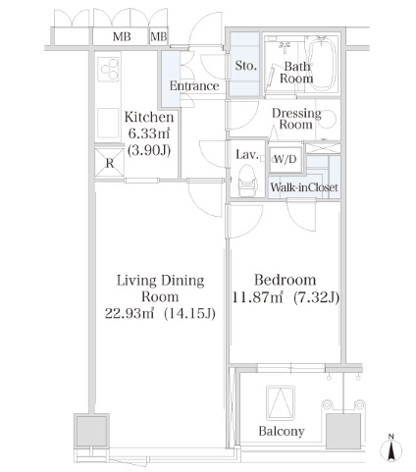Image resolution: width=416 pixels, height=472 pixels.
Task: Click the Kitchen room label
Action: (149, 117)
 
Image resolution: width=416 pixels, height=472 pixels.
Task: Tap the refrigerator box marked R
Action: (110, 163)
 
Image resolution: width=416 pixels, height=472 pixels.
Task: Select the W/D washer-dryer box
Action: (286, 159)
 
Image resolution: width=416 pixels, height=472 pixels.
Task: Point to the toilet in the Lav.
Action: (247, 181)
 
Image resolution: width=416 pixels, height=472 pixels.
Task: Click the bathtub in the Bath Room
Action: (322, 65)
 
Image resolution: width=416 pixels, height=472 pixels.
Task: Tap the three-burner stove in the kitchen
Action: (109, 69)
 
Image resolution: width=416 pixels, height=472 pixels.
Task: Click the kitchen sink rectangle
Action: (108, 124)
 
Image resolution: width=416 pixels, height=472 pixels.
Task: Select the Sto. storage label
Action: (245, 66)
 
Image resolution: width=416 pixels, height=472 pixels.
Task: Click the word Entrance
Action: (194, 86)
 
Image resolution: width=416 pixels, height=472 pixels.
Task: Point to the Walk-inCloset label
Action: (304, 187)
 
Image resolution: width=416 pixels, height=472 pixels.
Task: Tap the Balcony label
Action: (282, 431)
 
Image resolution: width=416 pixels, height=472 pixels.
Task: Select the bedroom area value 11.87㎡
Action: (257, 297)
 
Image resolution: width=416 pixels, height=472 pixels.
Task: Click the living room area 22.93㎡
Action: (130, 314)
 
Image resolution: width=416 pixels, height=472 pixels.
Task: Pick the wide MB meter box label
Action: (122, 36)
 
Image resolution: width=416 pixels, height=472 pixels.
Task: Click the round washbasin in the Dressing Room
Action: (328, 120)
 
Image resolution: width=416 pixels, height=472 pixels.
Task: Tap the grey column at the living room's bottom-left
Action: (91, 430)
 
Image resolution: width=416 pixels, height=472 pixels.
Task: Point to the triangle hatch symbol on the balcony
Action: (281, 402)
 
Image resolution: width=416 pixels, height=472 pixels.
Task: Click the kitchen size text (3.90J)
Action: (149, 150)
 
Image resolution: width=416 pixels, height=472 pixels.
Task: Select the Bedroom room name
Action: (286, 280)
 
